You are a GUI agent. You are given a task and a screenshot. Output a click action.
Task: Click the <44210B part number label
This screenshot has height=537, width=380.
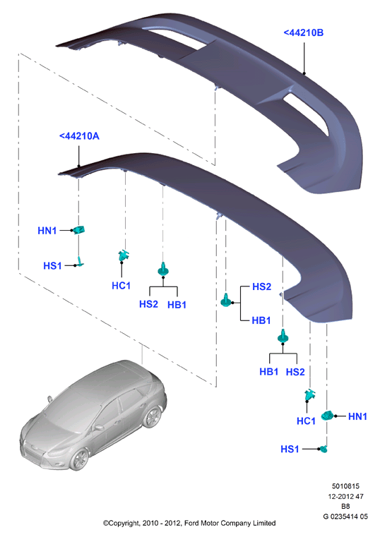click(x=303, y=32)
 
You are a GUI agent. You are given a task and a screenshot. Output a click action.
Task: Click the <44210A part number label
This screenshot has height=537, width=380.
click(x=79, y=136)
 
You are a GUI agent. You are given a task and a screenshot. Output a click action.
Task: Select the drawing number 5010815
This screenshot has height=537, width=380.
click(x=345, y=486)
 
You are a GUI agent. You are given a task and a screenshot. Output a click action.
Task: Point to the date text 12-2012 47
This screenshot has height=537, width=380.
click(x=345, y=496)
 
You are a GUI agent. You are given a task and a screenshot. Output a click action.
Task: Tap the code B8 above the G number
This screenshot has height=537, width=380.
click(x=345, y=506)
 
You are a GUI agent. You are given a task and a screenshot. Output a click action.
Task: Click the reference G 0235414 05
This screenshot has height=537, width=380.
click(x=345, y=517)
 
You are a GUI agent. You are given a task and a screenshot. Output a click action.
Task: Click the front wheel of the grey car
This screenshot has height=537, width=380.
click(x=80, y=459)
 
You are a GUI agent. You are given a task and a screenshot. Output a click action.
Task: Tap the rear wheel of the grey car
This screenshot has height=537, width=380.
click(x=152, y=417)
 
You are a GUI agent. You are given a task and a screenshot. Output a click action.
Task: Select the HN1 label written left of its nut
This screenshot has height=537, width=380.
click(x=47, y=231)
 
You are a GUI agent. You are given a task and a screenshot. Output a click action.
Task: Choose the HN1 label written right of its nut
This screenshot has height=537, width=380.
click(x=357, y=416)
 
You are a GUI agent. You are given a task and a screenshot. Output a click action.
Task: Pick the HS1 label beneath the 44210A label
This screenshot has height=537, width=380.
click(x=52, y=265)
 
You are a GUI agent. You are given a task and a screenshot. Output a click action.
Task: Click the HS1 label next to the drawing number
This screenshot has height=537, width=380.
click(x=290, y=449)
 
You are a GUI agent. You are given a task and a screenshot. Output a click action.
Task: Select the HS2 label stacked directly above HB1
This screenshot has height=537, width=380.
click(x=262, y=286)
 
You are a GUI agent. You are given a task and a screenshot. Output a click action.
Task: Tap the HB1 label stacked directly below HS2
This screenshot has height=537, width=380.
click(x=261, y=320)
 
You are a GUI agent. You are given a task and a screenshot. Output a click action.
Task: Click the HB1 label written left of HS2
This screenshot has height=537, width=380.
click(x=269, y=372)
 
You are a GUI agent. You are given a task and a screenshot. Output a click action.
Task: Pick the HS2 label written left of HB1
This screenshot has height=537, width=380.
click(x=149, y=303)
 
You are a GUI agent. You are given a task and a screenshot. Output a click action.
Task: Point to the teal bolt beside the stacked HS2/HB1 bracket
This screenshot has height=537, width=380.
click(x=226, y=300)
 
